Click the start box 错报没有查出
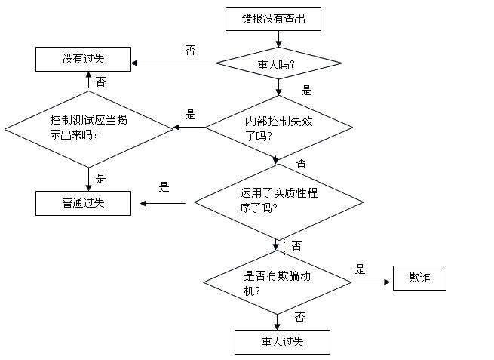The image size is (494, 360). coord(273,19)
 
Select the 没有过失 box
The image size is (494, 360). coord(84,59)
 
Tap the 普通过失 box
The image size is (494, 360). coord(83,204)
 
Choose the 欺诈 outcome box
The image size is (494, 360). coord(419,278)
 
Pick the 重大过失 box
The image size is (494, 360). coord(282,343)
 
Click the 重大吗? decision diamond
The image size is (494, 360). coord(278,63)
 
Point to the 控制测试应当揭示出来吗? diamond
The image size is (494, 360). coord(89,128)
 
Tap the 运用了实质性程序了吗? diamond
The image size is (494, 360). coord(278,201)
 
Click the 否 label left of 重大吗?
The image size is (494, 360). coord(190,50)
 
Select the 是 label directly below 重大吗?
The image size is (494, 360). coord(306,90)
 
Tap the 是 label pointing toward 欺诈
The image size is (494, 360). coord(360,269)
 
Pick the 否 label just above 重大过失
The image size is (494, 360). coord(299,317)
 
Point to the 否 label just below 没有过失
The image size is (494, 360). coord(101,81)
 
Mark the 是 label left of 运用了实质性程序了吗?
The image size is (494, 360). coord(164,187)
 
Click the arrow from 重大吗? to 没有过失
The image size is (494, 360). coord(173,63)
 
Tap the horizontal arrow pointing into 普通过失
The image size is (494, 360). coord(162,203)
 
